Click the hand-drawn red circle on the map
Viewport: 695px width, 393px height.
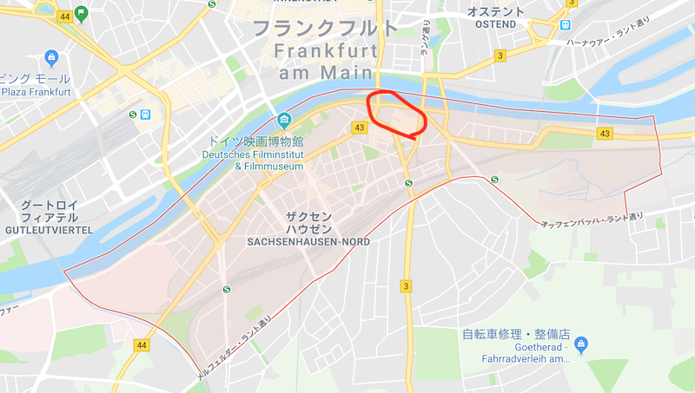pos(397,113)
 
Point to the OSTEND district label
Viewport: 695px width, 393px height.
pos(497,23)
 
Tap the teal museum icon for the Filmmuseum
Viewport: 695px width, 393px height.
pos(283,120)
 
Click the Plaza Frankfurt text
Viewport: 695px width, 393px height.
pos(36,91)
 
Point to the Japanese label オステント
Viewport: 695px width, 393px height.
pos(497,10)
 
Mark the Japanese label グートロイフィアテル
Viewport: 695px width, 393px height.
pos(50,212)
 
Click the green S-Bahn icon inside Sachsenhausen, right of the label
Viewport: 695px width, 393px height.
pos(408,182)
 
